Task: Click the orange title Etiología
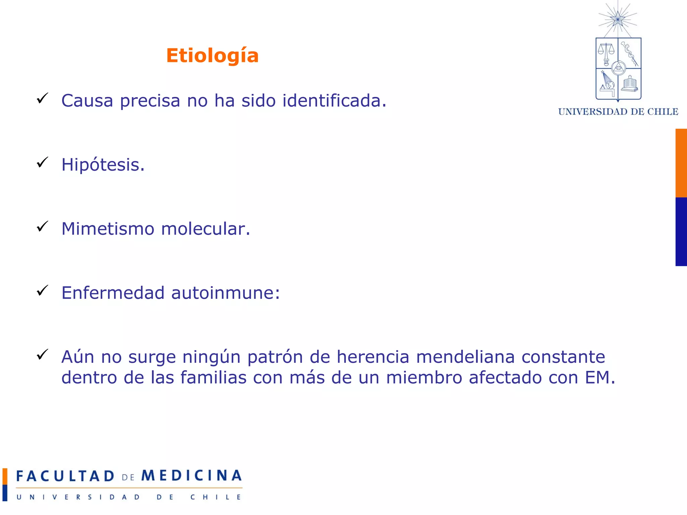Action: point(212,56)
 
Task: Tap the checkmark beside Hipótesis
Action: point(43,163)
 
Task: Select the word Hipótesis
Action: point(103,165)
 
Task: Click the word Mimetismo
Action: point(108,229)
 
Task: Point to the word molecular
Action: point(205,229)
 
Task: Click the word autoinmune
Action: point(225,293)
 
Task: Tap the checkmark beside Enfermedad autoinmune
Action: point(43,291)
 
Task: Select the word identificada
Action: point(334,101)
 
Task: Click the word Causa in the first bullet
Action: point(87,101)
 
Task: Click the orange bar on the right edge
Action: point(681,163)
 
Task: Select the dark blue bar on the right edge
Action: point(681,232)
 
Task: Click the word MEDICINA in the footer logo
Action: point(191,476)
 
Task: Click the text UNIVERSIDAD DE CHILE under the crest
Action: point(618,112)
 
